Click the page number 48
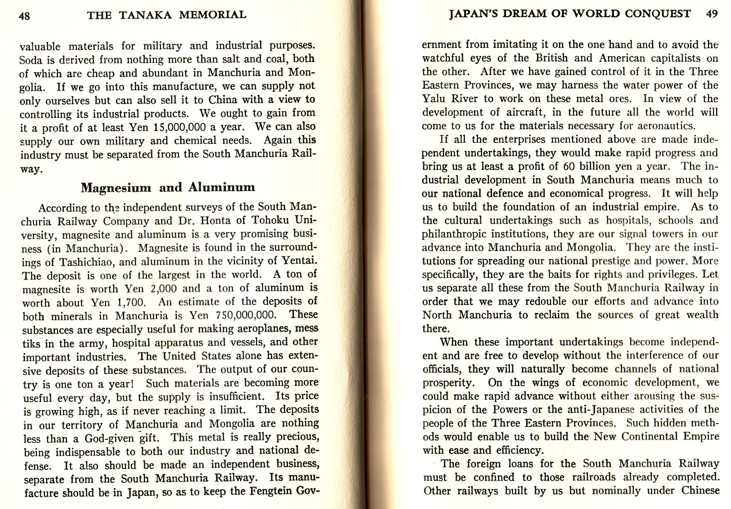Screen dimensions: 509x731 click(24, 15)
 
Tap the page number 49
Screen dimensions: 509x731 click(712, 14)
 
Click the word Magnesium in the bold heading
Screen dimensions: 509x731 click(116, 188)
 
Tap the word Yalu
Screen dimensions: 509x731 click(433, 99)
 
